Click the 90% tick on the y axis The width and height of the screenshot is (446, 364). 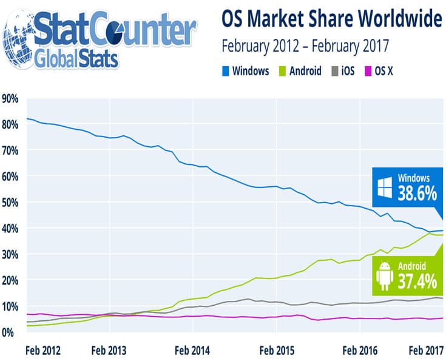click(x=11, y=98)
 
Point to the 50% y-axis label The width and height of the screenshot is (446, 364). click(x=11, y=202)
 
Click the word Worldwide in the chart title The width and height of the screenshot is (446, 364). click(x=402, y=20)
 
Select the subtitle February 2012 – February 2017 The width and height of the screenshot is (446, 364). click(x=305, y=45)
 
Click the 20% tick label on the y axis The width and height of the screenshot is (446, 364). click(x=11, y=280)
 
